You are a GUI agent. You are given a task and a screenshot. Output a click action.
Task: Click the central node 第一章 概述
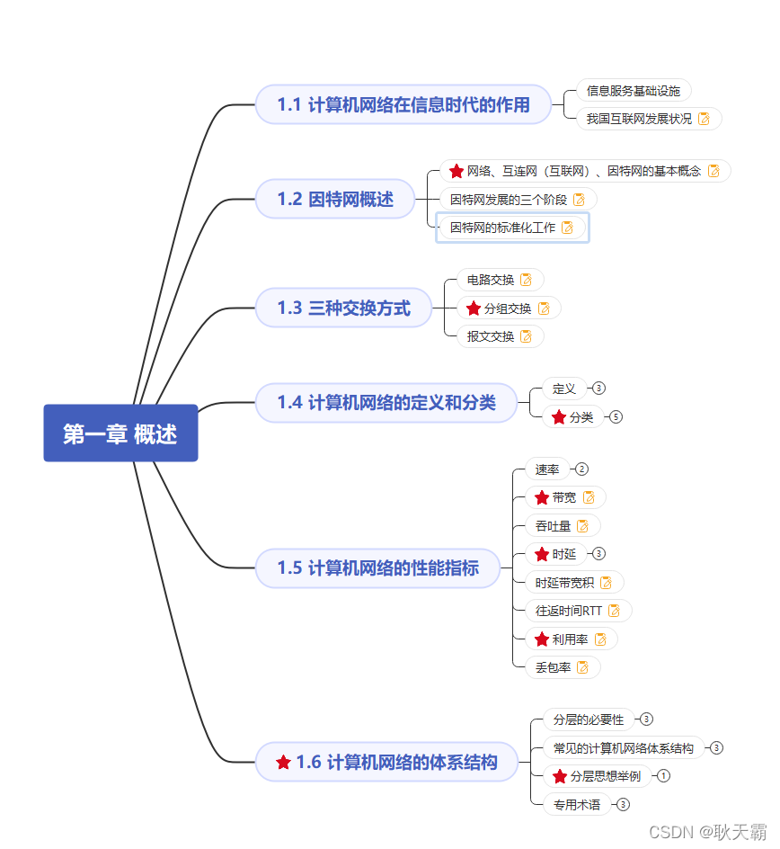pyautogui.click(x=120, y=433)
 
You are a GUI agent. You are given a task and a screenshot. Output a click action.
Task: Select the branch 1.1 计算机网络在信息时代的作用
pyautogui.click(x=403, y=104)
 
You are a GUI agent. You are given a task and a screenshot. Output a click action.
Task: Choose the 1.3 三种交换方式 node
pyautogui.click(x=343, y=308)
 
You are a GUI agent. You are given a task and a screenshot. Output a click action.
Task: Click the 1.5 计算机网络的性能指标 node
pyautogui.click(x=377, y=567)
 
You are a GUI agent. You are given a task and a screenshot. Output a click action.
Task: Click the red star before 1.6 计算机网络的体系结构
pyautogui.click(x=284, y=763)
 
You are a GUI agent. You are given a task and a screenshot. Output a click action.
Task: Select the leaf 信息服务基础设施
pyautogui.click(x=633, y=90)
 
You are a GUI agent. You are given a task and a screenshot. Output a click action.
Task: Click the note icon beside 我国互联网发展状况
pyautogui.click(x=704, y=119)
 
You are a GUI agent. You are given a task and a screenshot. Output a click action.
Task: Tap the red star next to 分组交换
pyautogui.click(x=474, y=308)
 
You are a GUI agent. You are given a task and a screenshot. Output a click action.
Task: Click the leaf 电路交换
pyautogui.click(x=491, y=280)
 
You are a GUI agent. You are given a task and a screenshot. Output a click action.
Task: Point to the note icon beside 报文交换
pyautogui.click(x=526, y=336)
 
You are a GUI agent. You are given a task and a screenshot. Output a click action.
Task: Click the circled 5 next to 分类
pyautogui.click(x=616, y=416)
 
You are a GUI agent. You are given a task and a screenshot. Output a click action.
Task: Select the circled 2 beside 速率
pyautogui.click(x=581, y=469)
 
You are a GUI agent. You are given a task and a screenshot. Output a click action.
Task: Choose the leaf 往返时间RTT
pyautogui.click(x=569, y=611)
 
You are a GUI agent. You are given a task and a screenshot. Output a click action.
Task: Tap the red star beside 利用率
pyautogui.click(x=542, y=639)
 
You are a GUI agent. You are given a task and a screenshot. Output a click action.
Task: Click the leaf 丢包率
pyautogui.click(x=553, y=667)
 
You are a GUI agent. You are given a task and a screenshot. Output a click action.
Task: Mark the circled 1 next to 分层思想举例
pyautogui.click(x=663, y=775)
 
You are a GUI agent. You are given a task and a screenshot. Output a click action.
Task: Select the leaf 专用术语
pyautogui.click(x=576, y=805)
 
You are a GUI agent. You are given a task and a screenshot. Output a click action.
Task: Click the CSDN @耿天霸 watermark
pyautogui.click(x=707, y=832)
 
